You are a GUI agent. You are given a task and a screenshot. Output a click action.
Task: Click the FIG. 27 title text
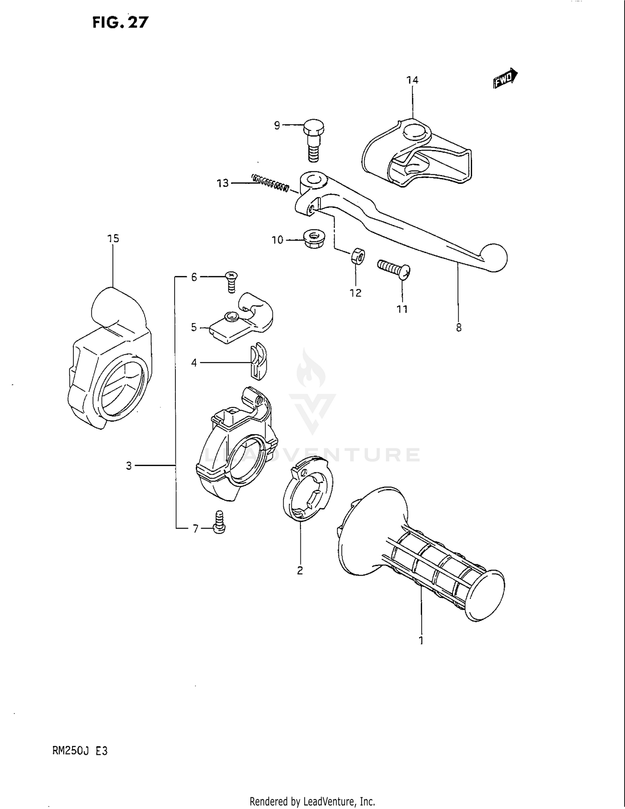pyautogui.click(x=120, y=22)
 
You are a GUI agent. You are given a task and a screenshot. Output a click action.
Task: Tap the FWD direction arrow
pyautogui.click(x=505, y=78)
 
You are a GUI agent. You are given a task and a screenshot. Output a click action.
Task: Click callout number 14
pyautogui.click(x=412, y=80)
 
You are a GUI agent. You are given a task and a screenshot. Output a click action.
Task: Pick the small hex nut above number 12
pyautogui.click(x=357, y=256)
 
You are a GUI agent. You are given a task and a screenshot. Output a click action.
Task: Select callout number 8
pyautogui.click(x=458, y=328)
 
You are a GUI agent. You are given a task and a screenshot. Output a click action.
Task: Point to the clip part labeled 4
pyautogui.click(x=258, y=362)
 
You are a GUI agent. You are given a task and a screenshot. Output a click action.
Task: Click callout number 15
pyautogui.click(x=113, y=238)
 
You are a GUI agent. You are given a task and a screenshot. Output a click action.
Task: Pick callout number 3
pyautogui.click(x=129, y=466)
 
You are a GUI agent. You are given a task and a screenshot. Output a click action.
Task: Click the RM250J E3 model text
pyautogui.click(x=80, y=751)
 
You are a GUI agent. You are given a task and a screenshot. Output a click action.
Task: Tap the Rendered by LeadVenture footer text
pyautogui.click(x=312, y=801)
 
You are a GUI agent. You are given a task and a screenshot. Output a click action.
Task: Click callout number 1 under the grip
pyautogui.click(x=421, y=640)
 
